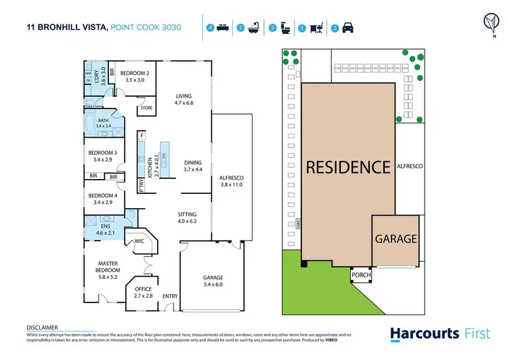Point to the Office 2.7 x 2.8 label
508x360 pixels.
pyautogui.click(x=143, y=292)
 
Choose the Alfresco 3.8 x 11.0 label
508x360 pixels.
pyautogui.click(x=231, y=181)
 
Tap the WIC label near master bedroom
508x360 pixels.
pyautogui.click(x=140, y=241)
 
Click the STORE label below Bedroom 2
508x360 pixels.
pyautogui.click(x=146, y=108)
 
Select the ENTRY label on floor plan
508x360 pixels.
pyautogui.click(x=170, y=296)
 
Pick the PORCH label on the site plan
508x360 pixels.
pyautogui.click(x=360, y=276)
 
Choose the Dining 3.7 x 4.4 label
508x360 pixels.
pyautogui.click(x=193, y=166)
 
